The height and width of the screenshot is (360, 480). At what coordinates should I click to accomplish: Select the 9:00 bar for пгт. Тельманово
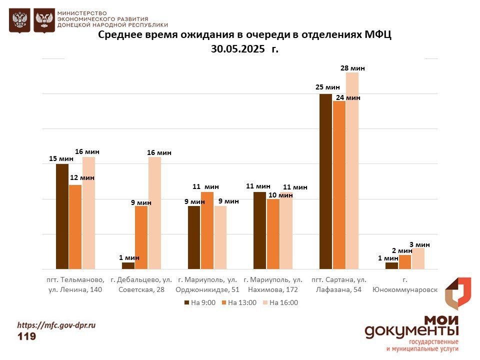tap(62, 216)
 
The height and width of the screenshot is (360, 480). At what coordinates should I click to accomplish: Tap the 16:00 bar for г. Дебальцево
tap(154, 213)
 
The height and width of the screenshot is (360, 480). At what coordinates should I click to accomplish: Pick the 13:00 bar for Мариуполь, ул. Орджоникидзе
tap(207, 230)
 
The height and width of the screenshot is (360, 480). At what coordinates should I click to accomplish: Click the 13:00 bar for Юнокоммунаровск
tap(405, 262)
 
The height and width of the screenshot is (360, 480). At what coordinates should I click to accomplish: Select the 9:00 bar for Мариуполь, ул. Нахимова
tap(259, 230)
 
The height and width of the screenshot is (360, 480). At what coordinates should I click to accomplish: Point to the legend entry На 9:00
tap(200, 302)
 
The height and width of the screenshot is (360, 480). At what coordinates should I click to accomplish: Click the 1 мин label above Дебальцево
tap(129, 257)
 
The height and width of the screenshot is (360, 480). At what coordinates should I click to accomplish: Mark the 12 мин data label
tap(82, 177)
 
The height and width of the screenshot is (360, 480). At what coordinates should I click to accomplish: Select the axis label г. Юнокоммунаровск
tap(405, 285)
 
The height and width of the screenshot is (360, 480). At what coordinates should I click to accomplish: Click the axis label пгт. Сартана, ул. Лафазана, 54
tap(338, 284)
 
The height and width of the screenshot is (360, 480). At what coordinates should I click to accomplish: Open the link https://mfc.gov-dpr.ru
tap(56, 324)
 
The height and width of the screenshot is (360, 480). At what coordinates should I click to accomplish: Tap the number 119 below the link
tap(27, 336)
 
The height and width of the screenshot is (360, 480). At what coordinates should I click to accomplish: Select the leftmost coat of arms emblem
tap(19, 20)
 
